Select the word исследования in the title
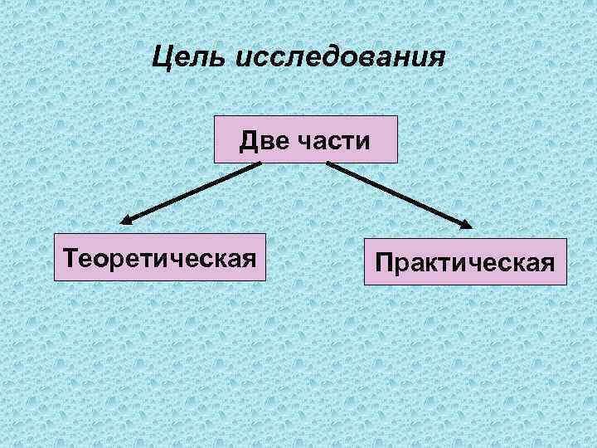pos(341,59)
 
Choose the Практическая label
pos(464,263)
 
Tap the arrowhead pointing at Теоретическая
pos(126,222)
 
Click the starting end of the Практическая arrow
pos(329,163)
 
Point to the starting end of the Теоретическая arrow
pos(259,163)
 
